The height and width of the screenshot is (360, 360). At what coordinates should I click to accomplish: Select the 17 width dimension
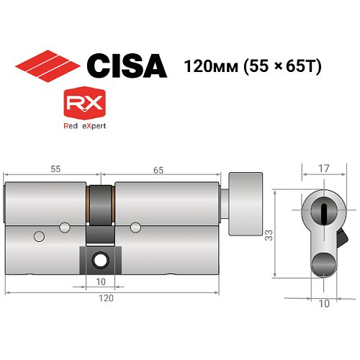(x=325, y=170)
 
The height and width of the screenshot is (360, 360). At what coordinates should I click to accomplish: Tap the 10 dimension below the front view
(x=324, y=304)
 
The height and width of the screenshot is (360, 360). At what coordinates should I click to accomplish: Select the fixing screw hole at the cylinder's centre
(x=100, y=257)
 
